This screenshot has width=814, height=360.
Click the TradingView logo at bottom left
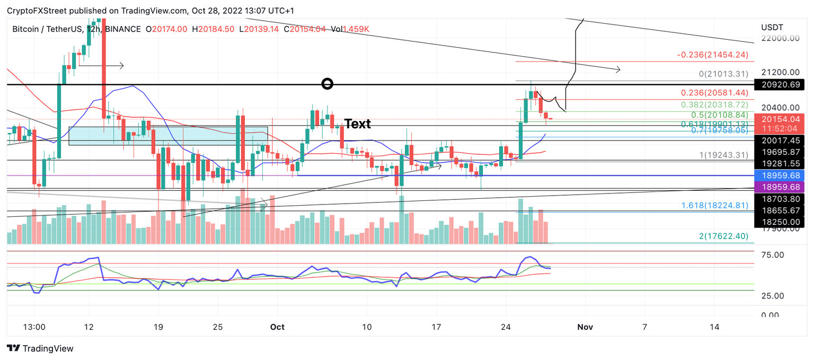point(40,348)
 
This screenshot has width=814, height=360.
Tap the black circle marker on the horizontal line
point(328,83)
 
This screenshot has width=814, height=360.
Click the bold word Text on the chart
point(358,124)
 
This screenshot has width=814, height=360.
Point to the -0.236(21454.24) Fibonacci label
point(712,55)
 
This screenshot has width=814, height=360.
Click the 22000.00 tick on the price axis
point(780,38)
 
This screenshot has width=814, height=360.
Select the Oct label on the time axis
point(277,327)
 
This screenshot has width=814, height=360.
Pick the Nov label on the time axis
point(585,327)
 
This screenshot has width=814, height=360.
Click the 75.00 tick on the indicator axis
point(772,254)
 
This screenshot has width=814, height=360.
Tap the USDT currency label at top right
point(772,27)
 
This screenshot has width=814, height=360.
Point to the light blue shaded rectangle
point(168,135)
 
